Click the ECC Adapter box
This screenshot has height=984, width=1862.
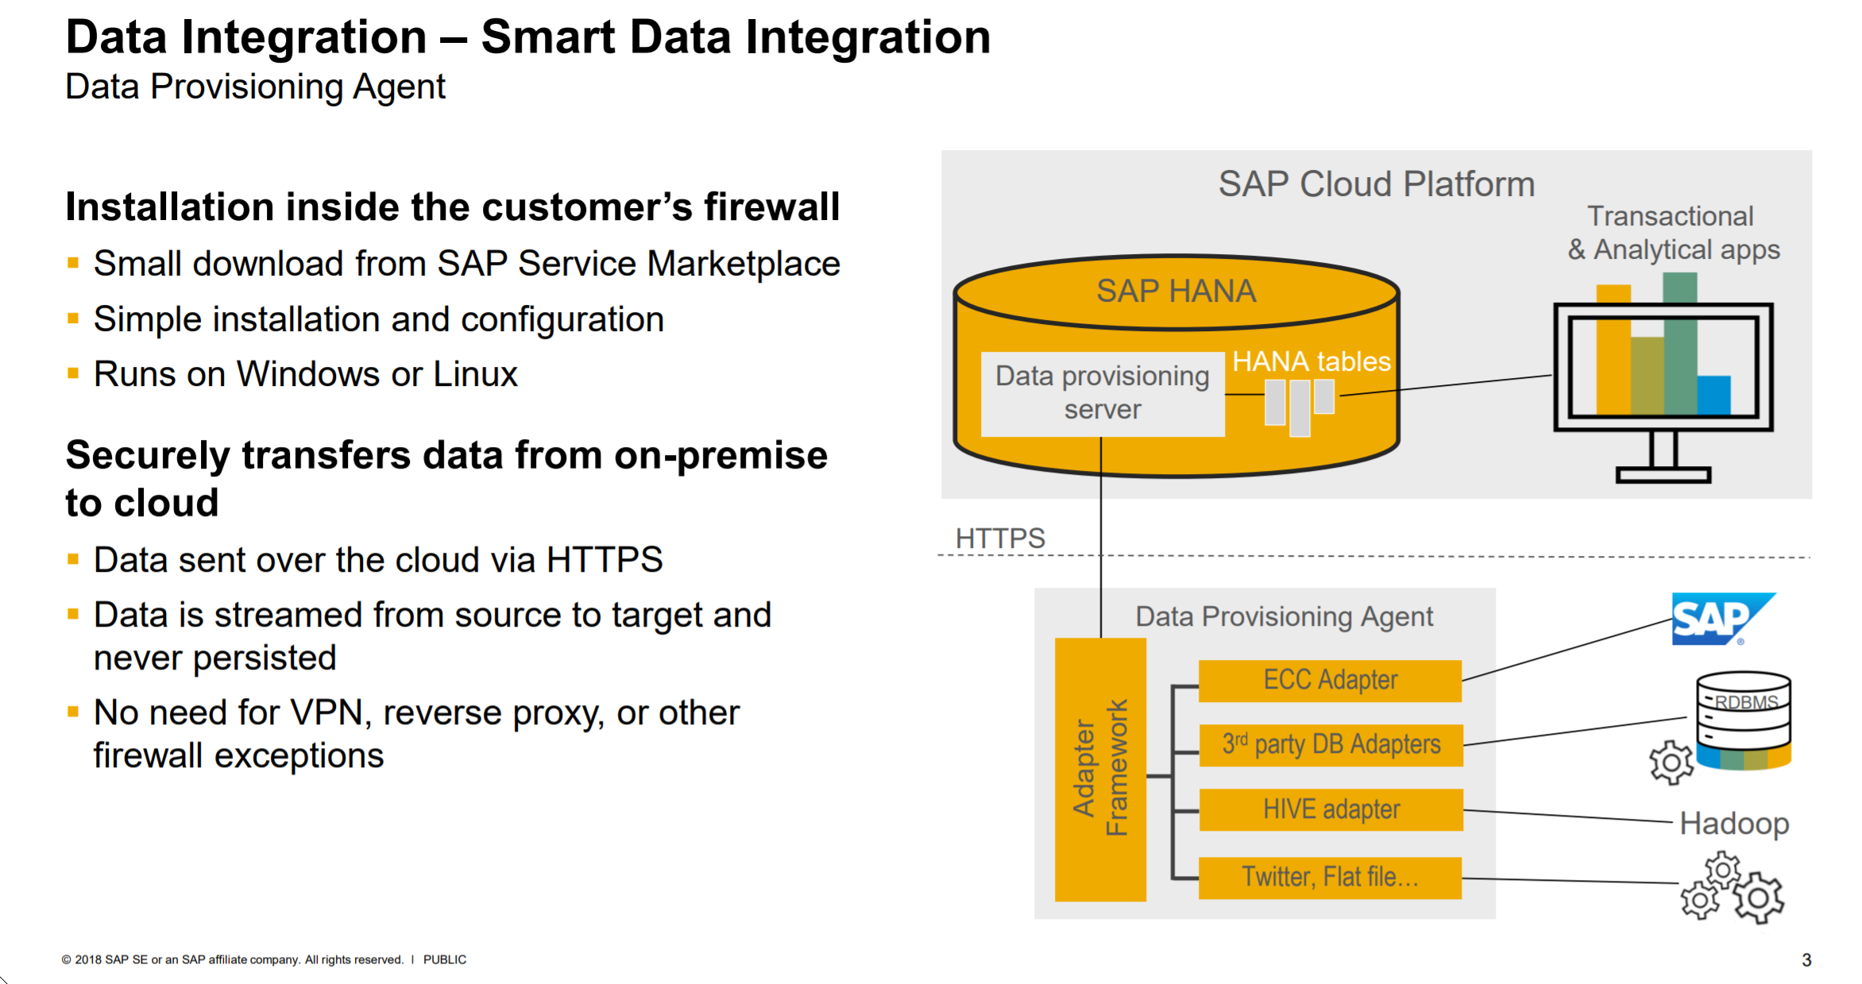pyautogui.click(x=1330, y=681)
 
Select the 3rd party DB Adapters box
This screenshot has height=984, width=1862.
pyautogui.click(x=1331, y=745)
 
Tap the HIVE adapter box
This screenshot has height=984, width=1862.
pyautogui.click(x=1331, y=809)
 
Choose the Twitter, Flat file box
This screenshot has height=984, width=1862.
pyautogui.click(x=1330, y=878)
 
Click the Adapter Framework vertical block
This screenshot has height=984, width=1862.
pyautogui.click(x=1100, y=769)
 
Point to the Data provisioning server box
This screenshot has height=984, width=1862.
pyautogui.click(x=1102, y=393)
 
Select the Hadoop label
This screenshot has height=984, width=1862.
pyautogui.click(x=1734, y=824)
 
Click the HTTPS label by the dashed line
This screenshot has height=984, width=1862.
pyautogui.click(x=1000, y=538)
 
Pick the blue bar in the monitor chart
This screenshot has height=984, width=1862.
pyautogui.click(x=1713, y=395)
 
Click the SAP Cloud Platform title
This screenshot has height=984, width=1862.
pyautogui.click(x=1376, y=184)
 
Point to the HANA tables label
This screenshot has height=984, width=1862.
pyautogui.click(x=1311, y=362)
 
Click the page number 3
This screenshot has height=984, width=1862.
pyautogui.click(x=1806, y=959)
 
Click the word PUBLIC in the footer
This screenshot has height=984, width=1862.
pyautogui.click(x=444, y=959)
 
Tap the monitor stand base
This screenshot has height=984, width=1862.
pyautogui.click(x=1663, y=475)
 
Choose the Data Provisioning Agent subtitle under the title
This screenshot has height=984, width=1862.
pyautogui.click(x=255, y=87)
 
